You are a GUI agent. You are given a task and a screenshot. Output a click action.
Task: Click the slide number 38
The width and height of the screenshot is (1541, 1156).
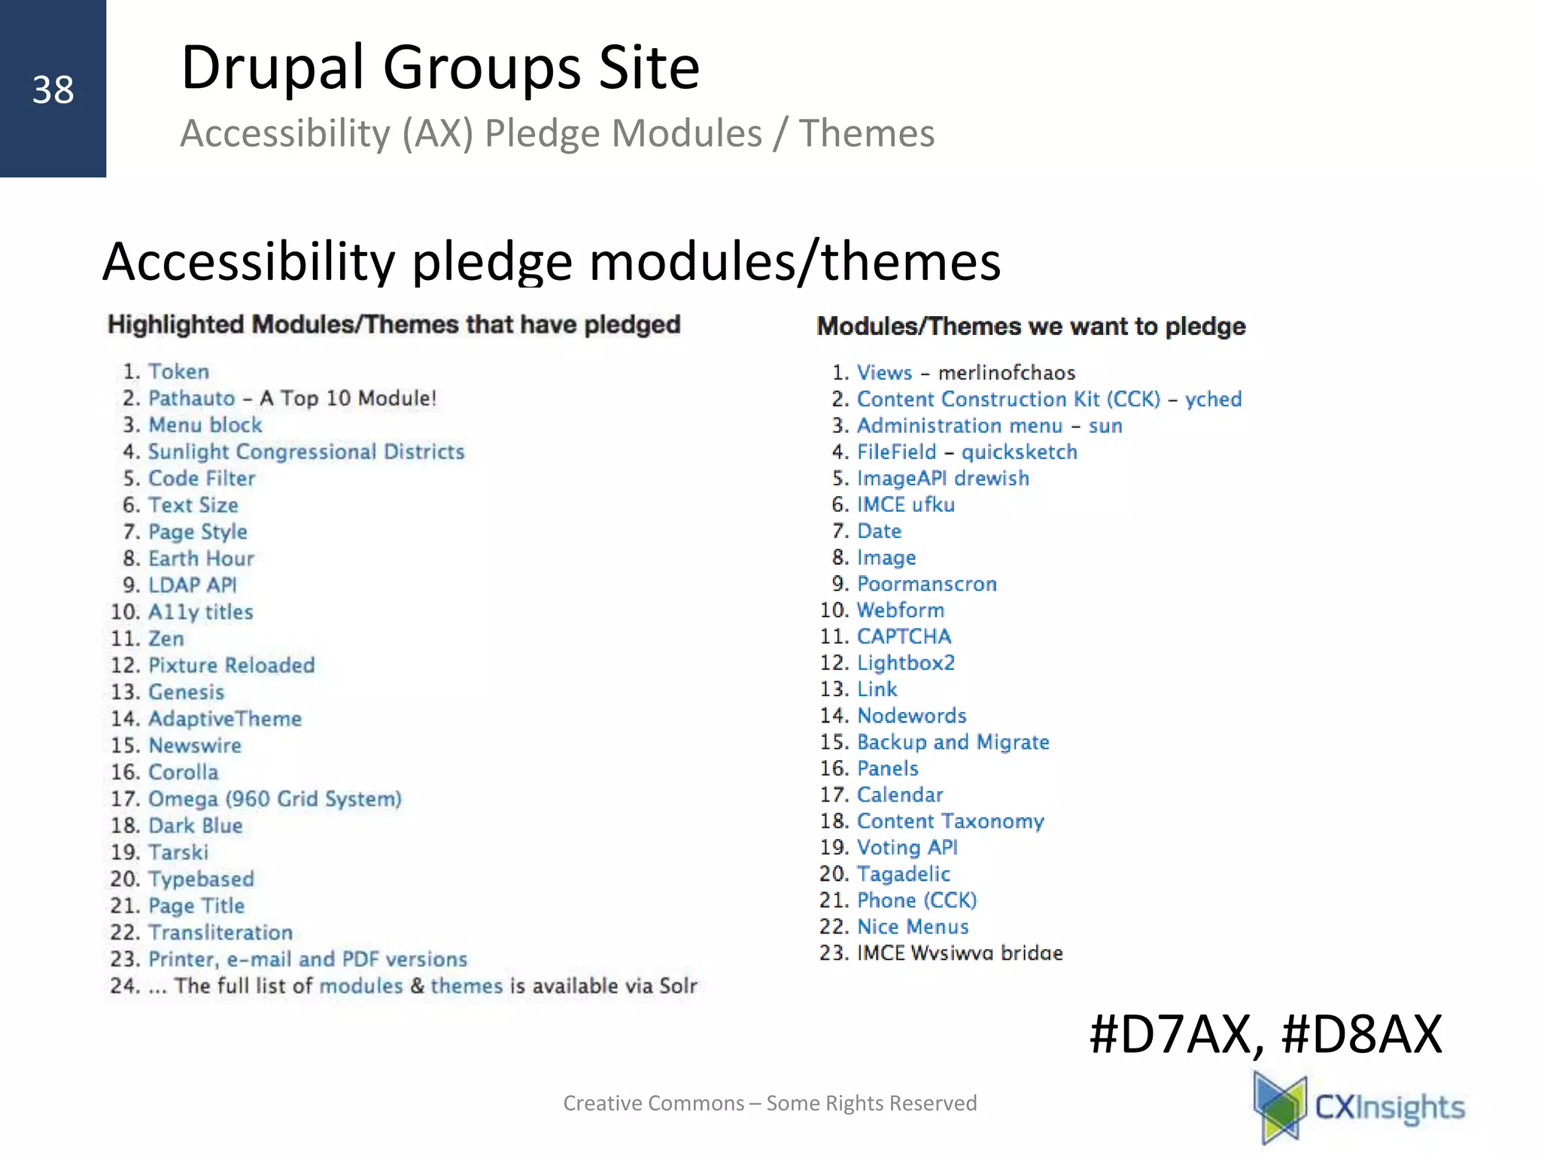53,90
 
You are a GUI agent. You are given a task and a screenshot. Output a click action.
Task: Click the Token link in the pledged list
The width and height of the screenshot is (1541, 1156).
178,372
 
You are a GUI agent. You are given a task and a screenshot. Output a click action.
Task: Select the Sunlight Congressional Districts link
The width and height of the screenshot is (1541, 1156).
305,452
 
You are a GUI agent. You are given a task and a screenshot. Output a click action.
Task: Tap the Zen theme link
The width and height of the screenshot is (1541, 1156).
166,639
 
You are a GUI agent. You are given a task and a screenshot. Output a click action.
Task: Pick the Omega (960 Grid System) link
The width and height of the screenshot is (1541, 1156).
275,799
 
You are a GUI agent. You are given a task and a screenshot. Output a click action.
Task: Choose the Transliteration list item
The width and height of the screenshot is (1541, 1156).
220,932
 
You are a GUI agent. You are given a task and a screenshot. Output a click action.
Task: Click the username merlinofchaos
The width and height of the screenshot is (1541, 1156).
1006,373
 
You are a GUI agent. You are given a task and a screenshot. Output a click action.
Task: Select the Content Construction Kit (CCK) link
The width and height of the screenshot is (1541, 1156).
1008,399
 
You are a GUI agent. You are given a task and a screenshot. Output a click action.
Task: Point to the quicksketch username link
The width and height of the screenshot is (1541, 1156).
1019,452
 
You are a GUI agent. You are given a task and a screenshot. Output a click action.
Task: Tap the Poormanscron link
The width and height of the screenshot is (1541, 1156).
926,584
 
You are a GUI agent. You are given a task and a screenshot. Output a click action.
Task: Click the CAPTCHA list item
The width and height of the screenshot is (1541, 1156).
904,637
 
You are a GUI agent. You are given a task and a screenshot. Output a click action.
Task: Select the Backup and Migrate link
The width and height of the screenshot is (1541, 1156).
953,742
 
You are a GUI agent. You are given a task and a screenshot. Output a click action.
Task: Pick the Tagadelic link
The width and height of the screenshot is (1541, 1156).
903,874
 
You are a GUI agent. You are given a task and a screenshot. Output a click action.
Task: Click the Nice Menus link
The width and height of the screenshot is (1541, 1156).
912,926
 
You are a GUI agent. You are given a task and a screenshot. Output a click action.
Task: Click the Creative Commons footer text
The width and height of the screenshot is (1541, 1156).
769,1103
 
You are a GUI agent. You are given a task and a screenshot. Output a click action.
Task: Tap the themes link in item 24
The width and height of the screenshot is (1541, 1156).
466,986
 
